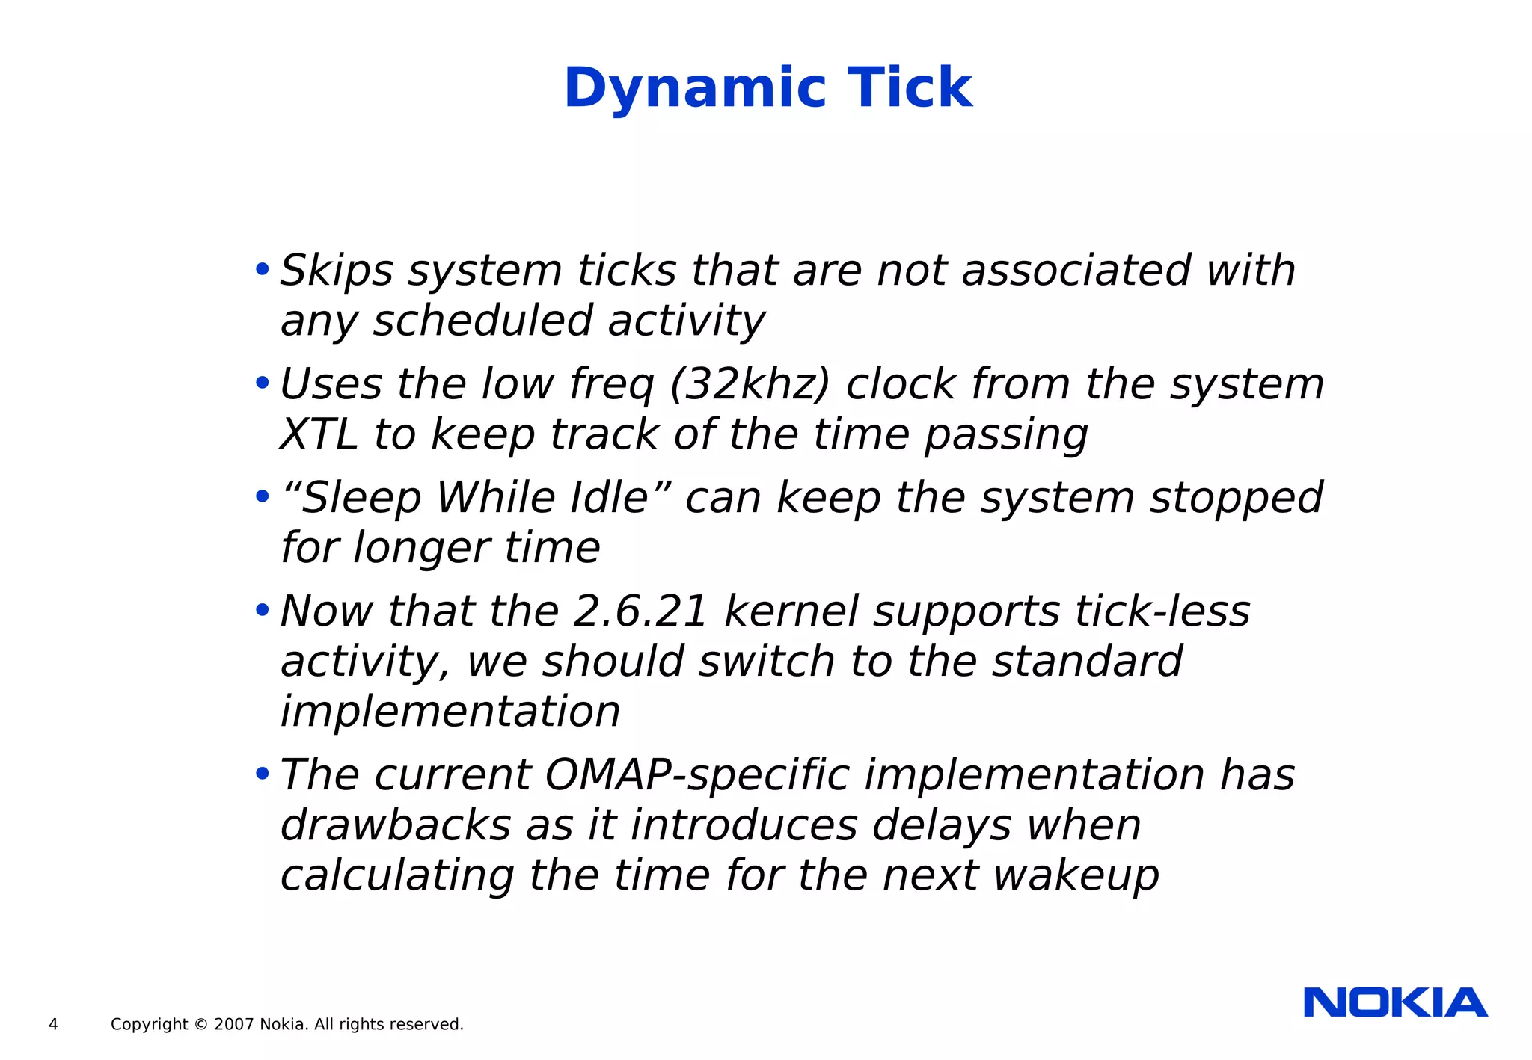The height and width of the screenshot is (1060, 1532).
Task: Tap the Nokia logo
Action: [1395, 1002]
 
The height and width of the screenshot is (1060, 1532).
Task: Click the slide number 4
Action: [53, 1025]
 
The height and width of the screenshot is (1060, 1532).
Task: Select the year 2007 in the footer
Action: [233, 1025]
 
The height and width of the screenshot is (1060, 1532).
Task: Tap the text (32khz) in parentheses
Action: [750, 384]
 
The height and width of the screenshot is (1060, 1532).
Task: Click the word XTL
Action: [318, 434]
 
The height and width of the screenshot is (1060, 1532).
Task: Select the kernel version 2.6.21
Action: [640, 611]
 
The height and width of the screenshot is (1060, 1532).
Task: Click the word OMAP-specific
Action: [697, 774]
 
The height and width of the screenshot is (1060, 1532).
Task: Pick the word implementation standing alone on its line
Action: [450, 712]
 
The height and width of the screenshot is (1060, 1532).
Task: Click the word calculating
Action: [397, 875]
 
